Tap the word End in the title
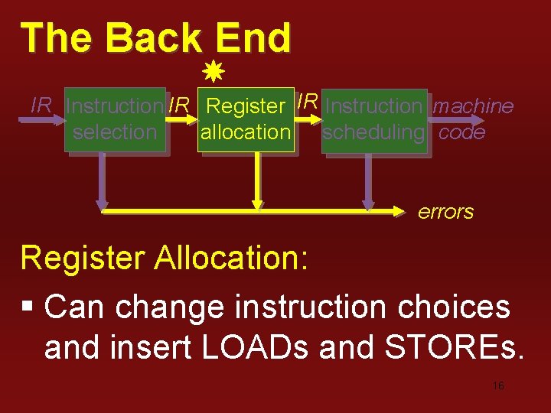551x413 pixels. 253,38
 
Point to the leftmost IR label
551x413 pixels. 41,106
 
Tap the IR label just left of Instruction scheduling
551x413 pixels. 308,101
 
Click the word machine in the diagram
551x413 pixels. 473,106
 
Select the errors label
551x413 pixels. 445,213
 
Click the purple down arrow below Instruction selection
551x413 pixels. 102,184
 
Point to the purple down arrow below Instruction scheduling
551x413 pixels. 368,184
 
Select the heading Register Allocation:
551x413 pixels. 165,259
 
